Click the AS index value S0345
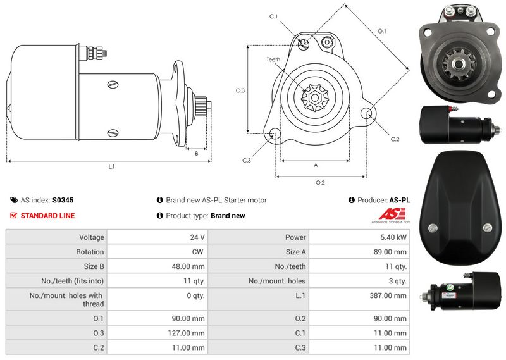click(x=63, y=200)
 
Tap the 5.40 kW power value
click(x=393, y=237)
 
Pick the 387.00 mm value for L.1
click(x=388, y=295)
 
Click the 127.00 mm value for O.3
click(x=186, y=333)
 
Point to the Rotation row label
click(x=90, y=252)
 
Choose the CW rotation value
click(x=197, y=252)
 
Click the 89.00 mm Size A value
click(x=390, y=252)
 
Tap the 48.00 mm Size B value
click(x=188, y=266)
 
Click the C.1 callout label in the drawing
click(x=274, y=16)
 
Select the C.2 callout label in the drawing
click(x=395, y=139)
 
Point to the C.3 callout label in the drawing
click(x=247, y=161)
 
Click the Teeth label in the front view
click(x=273, y=59)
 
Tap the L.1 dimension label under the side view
click(x=111, y=166)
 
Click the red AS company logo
click(x=392, y=214)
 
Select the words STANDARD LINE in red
click(x=48, y=216)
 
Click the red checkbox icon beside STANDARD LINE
click(x=13, y=215)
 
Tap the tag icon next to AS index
click(x=14, y=200)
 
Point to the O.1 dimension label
click(x=382, y=31)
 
